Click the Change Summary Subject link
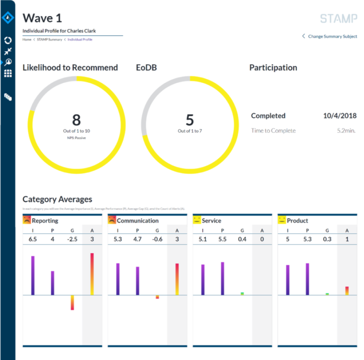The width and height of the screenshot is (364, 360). [x=332, y=36]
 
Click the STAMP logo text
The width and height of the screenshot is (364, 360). [x=338, y=19]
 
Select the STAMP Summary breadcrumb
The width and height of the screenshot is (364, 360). [x=49, y=39]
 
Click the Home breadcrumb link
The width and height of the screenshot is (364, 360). [x=27, y=39]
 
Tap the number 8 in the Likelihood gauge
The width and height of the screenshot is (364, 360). [x=76, y=120]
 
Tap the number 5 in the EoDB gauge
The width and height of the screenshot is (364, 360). [x=190, y=120]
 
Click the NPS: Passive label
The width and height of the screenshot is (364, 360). [x=76, y=138]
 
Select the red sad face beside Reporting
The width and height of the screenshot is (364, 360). [x=27, y=220]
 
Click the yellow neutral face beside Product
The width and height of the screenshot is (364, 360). [x=282, y=220]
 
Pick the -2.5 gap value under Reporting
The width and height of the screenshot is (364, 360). [x=72, y=239]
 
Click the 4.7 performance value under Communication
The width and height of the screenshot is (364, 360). [x=137, y=239]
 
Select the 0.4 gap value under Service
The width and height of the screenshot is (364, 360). [x=242, y=239]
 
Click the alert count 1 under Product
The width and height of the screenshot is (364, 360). [x=347, y=239]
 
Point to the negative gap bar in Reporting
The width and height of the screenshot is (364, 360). [x=72, y=302]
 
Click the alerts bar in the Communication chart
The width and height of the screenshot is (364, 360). [x=177, y=279]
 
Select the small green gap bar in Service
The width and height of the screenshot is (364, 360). [x=242, y=294]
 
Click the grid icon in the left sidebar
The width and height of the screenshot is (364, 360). [x=8, y=74]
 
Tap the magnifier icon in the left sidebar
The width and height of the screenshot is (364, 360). [x=8, y=62]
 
